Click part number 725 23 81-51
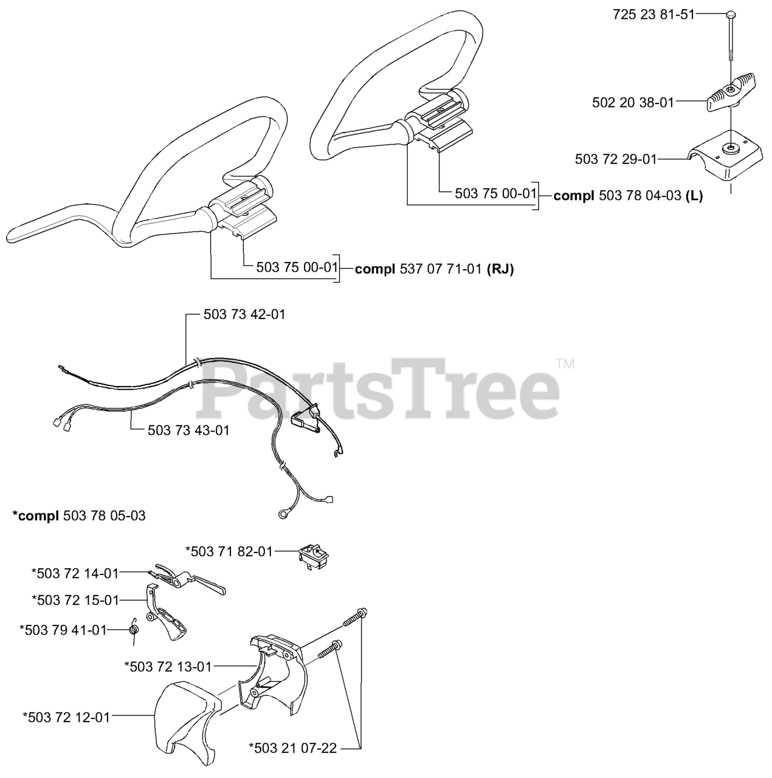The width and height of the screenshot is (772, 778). tap(653, 15)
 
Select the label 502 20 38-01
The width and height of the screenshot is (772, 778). tap(633, 103)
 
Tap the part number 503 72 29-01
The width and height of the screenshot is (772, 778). tap(616, 159)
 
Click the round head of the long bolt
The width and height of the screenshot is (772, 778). tap(730, 14)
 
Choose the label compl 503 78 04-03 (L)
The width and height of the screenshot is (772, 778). tap(628, 196)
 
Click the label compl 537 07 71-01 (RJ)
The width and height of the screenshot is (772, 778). tap(434, 269)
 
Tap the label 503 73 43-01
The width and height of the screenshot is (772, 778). tap(188, 430)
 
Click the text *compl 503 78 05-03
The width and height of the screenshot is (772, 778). tap(79, 515)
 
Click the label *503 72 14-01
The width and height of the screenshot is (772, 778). tap(75, 573)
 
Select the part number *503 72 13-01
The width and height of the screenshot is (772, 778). tap(168, 667)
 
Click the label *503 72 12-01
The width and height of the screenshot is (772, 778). tap(66, 717)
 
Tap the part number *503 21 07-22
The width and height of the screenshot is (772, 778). tap(292, 748)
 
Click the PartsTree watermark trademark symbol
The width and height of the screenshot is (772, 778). tap(565, 364)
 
